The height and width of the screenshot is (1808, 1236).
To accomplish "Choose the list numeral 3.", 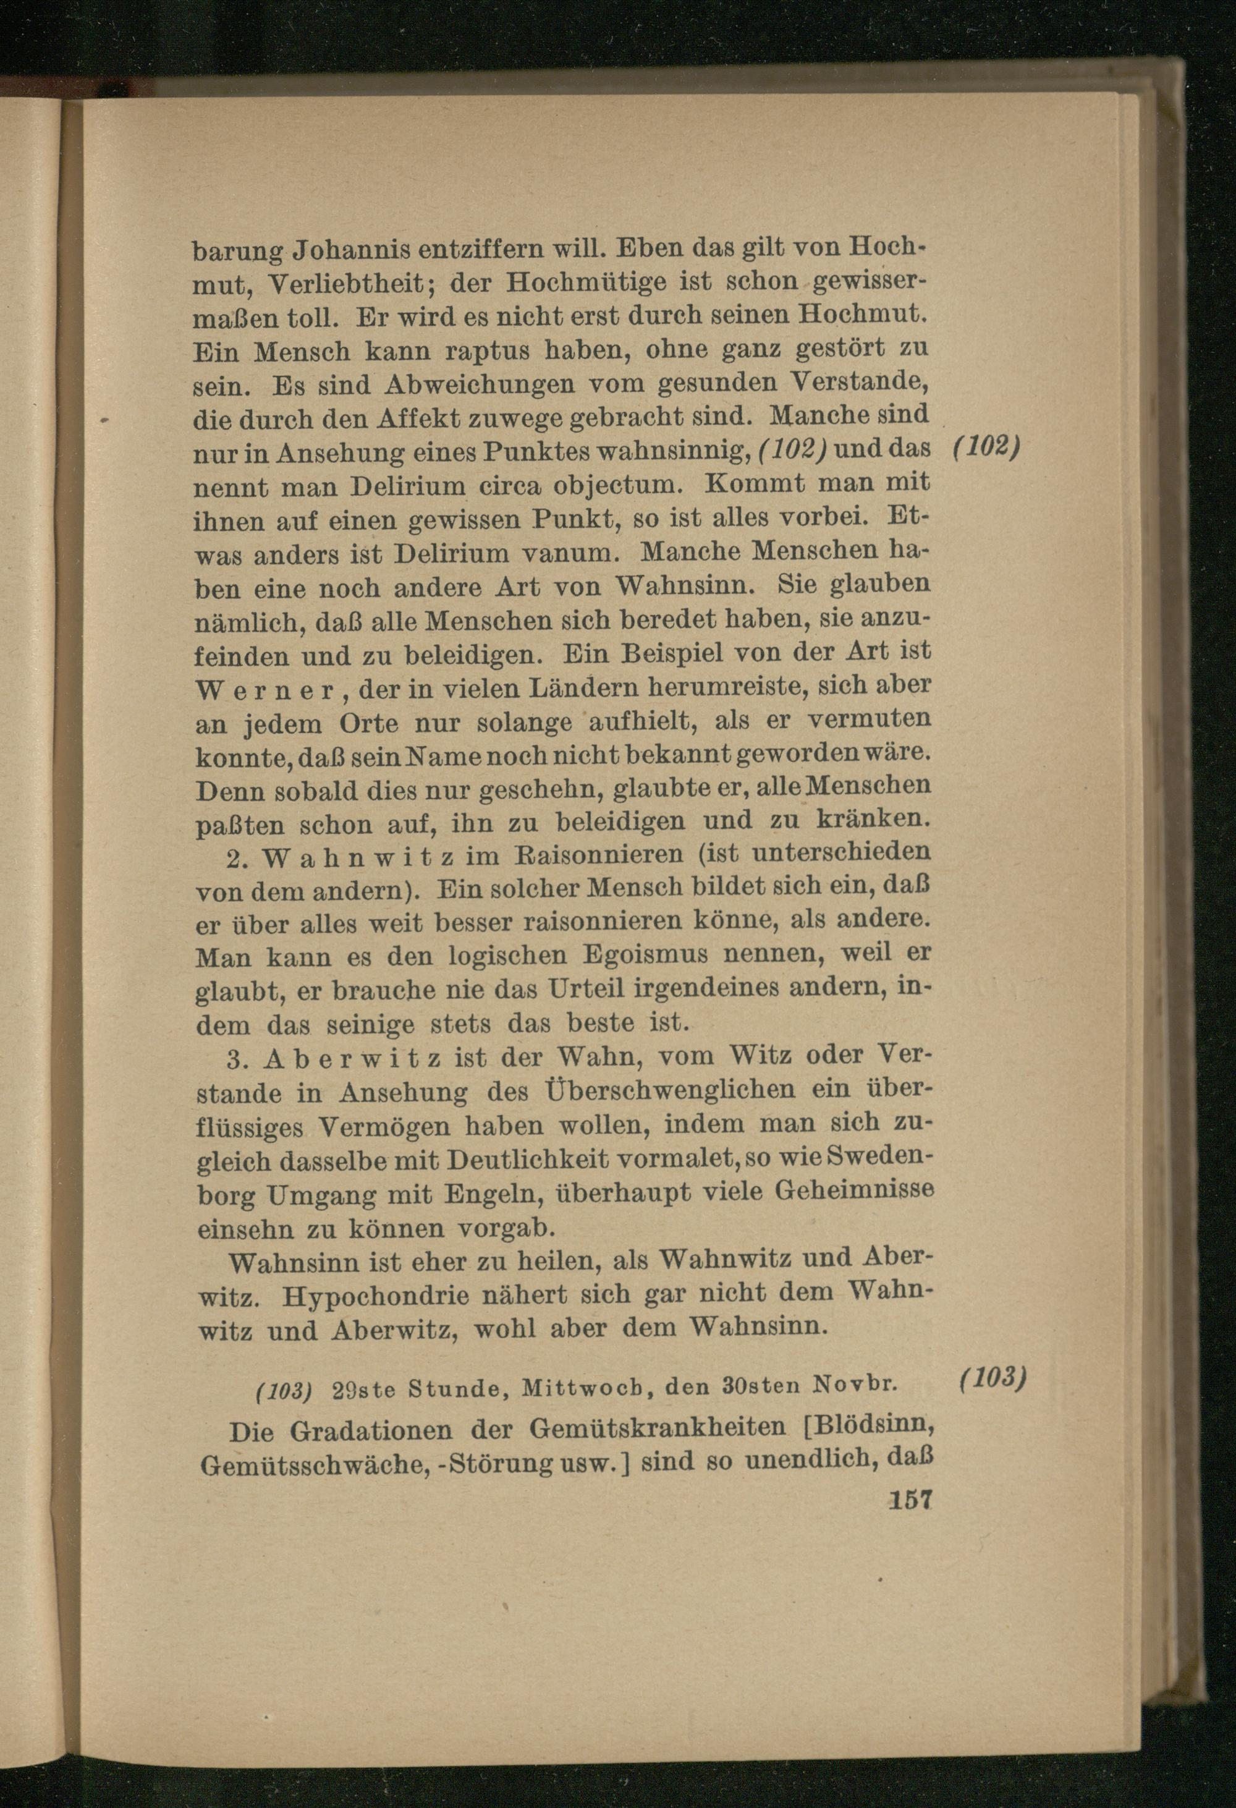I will pyautogui.click(x=237, y=1059).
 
